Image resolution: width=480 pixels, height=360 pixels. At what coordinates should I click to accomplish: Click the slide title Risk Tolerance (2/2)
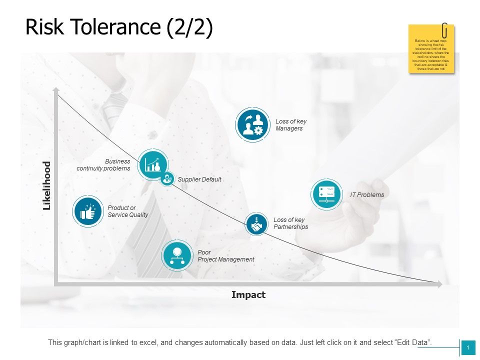click(119, 27)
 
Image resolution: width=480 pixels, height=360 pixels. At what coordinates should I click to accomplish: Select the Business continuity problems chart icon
click(153, 164)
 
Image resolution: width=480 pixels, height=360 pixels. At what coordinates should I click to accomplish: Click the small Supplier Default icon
click(167, 178)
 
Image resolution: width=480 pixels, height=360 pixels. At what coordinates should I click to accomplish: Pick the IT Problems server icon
click(326, 194)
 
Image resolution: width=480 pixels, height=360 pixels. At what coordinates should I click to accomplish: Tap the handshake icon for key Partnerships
click(256, 224)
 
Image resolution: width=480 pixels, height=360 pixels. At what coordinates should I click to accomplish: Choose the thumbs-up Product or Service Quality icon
click(88, 211)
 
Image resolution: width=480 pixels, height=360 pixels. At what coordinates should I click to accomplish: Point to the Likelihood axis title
click(47, 185)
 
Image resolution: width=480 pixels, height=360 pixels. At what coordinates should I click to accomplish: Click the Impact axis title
click(248, 295)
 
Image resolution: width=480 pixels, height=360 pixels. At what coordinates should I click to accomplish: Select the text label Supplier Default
click(199, 179)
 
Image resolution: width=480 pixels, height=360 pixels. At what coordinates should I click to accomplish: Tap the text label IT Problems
click(367, 195)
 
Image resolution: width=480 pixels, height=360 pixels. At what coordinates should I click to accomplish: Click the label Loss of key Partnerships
click(290, 223)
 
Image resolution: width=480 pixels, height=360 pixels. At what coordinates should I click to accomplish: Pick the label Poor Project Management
click(225, 256)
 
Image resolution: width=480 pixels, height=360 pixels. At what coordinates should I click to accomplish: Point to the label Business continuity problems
click(103, 165)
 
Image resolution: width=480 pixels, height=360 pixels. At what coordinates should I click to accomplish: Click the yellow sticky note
click(431, 50)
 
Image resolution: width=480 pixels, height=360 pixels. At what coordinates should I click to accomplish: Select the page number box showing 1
click(468, 347)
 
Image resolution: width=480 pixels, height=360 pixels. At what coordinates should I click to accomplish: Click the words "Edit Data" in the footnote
click(413, 342)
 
